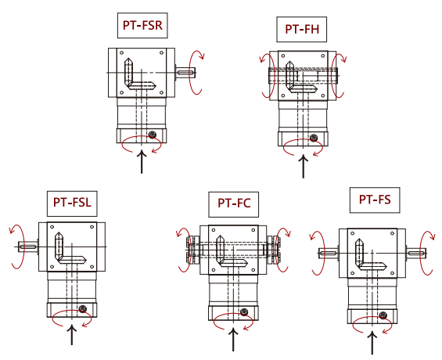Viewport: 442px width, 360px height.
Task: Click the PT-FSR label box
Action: pos(142,25)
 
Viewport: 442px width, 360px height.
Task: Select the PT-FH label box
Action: pos(302,29)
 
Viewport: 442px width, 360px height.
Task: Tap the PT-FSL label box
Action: pos(72,203)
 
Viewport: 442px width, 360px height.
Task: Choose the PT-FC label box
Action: pos(234,204)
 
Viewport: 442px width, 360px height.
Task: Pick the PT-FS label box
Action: pos(375,200)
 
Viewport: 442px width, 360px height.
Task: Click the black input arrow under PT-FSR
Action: pos(142,162)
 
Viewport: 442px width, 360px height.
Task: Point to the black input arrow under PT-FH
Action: pos(304,166)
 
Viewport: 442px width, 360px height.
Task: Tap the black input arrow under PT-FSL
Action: pos(72,335)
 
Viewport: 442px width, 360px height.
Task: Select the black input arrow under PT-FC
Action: pos(233,339)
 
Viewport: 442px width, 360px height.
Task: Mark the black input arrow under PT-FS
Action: pos(372,343)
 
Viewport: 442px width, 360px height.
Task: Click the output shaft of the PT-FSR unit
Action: pos(185,73)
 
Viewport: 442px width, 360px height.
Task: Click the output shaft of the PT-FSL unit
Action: pos(28,247)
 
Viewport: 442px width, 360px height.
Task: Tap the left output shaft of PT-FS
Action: pos(329,253)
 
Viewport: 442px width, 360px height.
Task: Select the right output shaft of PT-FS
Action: pos(416,253)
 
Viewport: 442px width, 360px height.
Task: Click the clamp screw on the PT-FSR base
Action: pos(153,135)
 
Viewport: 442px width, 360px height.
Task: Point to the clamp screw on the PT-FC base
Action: pos(244,311)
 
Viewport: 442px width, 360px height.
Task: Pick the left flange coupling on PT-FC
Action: pos(192,250)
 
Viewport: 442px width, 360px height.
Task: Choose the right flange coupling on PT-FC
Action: pos(274,250)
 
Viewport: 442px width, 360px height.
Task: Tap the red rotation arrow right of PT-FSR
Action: pos(196,73)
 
